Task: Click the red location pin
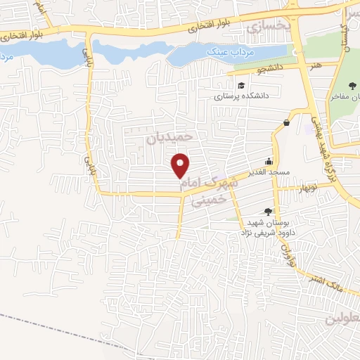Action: (181, 165)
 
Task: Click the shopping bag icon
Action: (287, 123)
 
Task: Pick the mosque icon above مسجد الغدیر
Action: (268, 160)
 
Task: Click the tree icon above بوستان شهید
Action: (268, 211)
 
